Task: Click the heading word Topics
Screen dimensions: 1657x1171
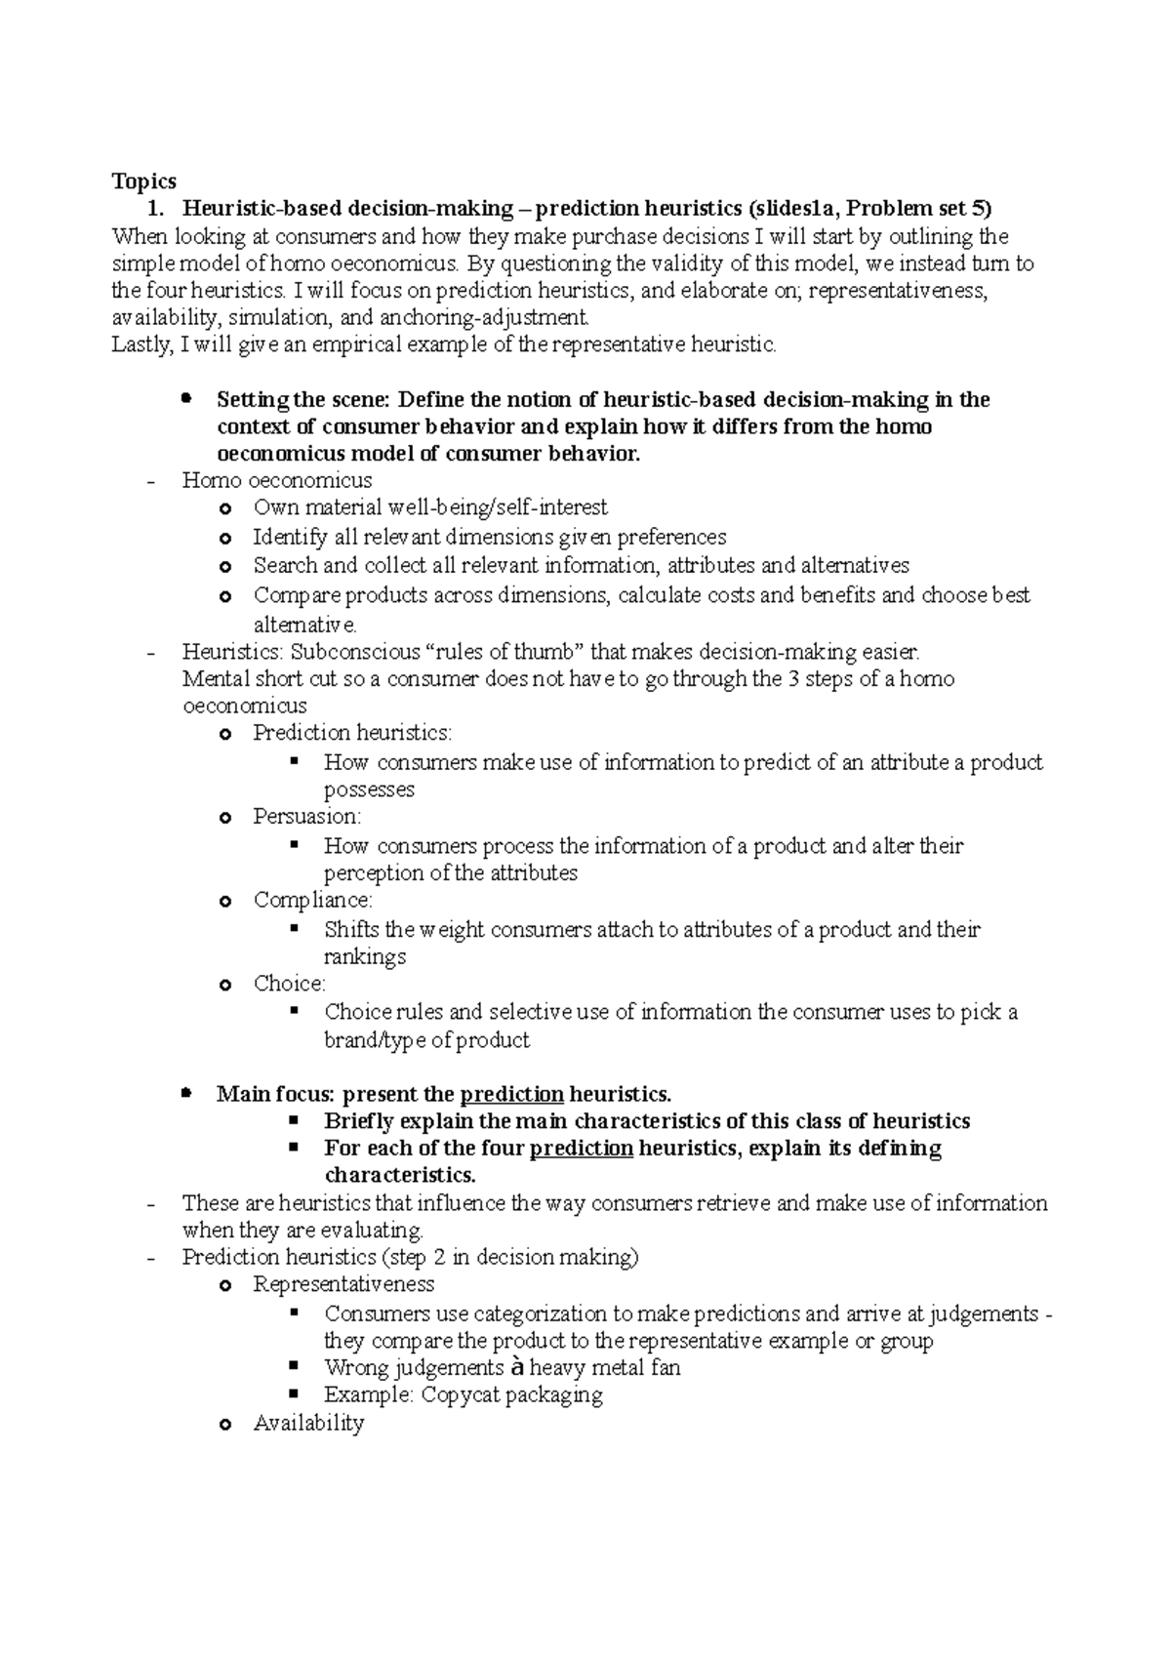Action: (143, 182)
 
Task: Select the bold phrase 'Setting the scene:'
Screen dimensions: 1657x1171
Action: (303, 400)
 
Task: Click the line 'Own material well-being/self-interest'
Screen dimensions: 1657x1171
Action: (429, 507)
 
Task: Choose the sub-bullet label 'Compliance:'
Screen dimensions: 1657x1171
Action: (312, 900)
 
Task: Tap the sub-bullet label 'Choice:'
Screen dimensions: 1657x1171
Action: (289, 984)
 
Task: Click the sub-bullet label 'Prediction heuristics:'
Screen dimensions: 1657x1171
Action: (352, 733)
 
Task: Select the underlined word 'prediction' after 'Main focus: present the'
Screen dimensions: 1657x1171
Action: (511, 1094)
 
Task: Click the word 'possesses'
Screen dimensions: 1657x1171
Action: (369, 788)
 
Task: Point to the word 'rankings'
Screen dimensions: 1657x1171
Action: (364, 956)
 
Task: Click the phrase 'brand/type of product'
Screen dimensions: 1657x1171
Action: (426, 1040)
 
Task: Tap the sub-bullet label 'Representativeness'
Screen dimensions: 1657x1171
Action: (343, 1284)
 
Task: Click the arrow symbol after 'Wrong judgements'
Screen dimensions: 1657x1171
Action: (517, 1367)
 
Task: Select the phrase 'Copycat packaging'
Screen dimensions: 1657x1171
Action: (511, 1394)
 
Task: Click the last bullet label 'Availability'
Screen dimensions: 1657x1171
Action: (308, 1424)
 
